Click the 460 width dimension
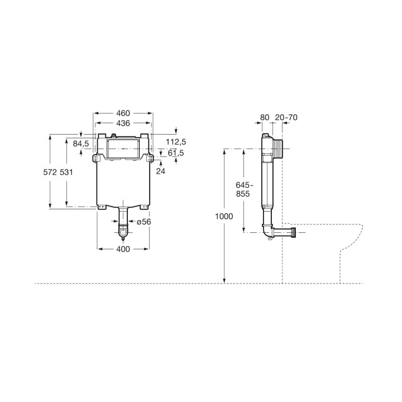(x=123, y=113)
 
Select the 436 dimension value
(x=123, y=123)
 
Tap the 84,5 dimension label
(x=81, y=143)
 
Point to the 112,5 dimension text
(x=176, y=142)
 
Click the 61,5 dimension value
(x=176, y=153)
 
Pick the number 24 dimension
(x=161, y=171)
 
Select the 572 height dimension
(x=50, y=172)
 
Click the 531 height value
(x=66, y=172)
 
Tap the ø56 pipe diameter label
(x=144, y=222)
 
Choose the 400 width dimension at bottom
(x=123, y=249)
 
